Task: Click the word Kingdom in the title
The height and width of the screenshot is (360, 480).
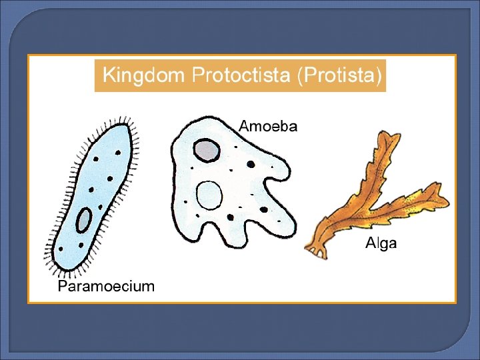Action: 143,75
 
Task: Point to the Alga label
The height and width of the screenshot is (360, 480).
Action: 381,243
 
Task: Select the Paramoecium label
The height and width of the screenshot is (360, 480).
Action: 106,287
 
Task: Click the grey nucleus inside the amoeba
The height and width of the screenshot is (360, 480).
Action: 207,150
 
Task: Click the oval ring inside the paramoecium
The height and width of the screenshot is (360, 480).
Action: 85,221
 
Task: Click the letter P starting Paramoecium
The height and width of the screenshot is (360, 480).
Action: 62,287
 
